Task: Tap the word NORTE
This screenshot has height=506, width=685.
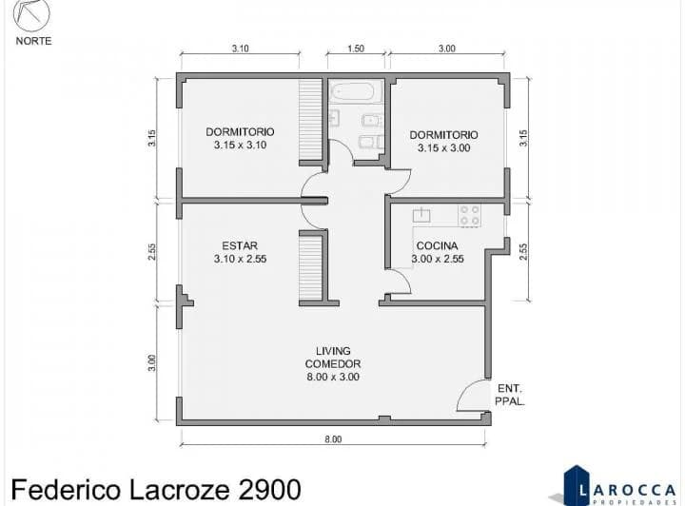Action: (33, 41)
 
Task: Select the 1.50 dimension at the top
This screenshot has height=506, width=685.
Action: (356, 49)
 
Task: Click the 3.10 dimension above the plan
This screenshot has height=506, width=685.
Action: (241, 49)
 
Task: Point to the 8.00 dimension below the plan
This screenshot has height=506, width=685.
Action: (333, 439)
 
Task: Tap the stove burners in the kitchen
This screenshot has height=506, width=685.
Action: (470, 216)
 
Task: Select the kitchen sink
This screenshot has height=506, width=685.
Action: (421, 215)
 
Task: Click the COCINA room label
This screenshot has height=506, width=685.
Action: (437, 245)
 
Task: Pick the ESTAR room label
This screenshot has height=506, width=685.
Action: (240, 245)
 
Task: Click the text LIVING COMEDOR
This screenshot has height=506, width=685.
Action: (333, 357)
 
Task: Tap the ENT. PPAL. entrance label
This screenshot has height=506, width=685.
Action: (510, 395)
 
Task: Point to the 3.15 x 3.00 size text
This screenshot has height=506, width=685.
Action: (444, 148)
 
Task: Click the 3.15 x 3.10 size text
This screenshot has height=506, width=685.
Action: (241, 145)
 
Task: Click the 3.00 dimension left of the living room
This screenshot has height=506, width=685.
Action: (151, 362)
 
